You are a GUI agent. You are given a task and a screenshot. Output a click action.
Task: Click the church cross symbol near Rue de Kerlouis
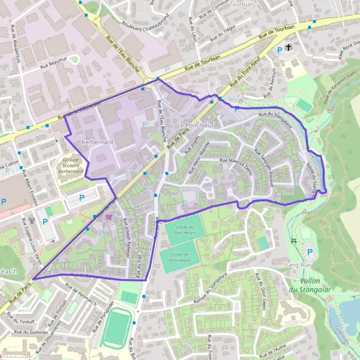(x=289, y=47)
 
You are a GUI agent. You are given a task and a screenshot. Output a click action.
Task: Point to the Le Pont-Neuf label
(x=196, y=124)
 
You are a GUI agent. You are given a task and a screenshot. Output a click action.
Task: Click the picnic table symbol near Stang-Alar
(x=293, y=241)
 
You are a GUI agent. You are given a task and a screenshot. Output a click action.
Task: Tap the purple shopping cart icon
(x=107, y=218)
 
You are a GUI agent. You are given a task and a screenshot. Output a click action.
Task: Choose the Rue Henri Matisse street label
(x=199, y=161)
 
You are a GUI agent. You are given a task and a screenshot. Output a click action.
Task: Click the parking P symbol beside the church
(x=280, y=50)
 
